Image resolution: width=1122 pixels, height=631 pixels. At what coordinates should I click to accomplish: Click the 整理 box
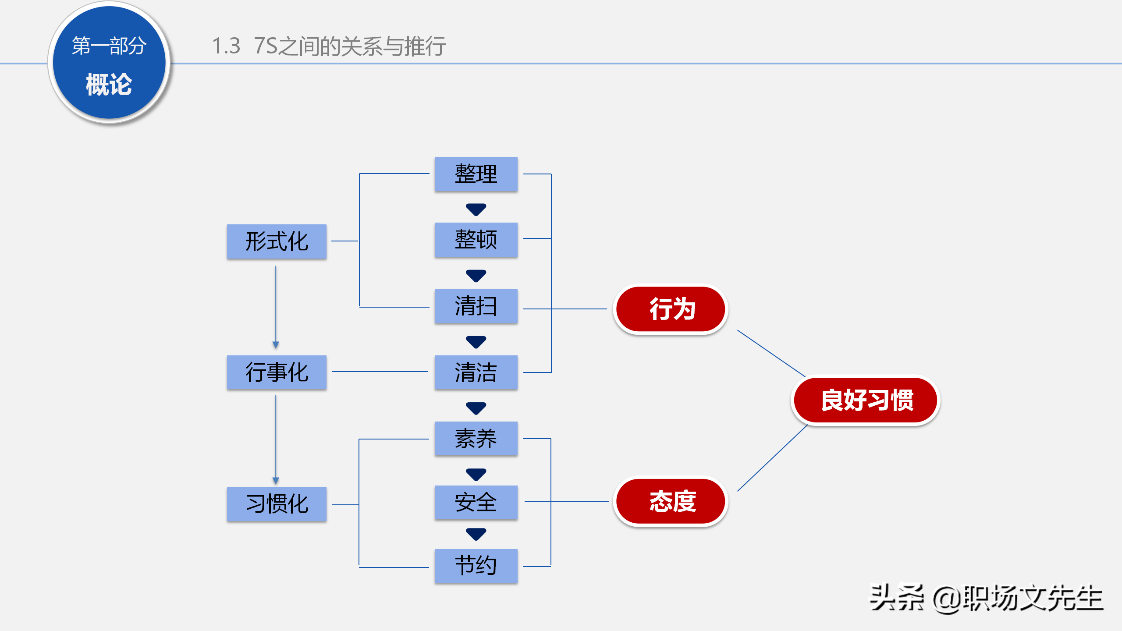click(476, 174)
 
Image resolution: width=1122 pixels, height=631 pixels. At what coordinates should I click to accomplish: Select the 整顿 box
click(476, 240)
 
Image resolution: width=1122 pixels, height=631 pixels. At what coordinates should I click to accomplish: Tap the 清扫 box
click(476, 306)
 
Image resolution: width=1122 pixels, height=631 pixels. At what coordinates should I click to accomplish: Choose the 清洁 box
click(476, 372)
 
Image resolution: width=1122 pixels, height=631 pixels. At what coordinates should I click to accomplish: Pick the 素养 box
click(476, 439)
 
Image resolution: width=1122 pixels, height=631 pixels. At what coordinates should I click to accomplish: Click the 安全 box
click(476, 503)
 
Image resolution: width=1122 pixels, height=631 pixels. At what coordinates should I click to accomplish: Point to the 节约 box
click(476, 566)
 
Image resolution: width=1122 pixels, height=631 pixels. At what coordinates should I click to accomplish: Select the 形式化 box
click(277, 241)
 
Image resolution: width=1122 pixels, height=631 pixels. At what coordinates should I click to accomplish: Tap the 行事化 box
click(277, 372)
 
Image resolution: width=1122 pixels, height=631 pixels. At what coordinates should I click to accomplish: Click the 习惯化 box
click(277, 504)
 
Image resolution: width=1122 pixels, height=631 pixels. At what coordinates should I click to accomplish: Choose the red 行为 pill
click(671, 309)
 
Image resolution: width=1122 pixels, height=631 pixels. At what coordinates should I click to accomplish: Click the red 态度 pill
click(671, 501)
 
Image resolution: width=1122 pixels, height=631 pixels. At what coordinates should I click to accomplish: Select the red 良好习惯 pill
click(866, 400)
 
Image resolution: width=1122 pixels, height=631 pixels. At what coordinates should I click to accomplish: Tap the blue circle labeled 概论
click(109, 63)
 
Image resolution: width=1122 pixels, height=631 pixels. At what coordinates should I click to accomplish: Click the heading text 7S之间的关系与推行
click(349, 46)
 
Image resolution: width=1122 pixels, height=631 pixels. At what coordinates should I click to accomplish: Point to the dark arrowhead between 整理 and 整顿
click(476, 209)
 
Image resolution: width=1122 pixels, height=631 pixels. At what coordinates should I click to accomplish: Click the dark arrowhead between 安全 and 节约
click(476, 534)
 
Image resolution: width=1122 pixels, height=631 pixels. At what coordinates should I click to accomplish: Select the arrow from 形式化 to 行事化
click(276, 307)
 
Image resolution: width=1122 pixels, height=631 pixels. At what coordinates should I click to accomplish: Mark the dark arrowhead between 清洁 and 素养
click(476, 408)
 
